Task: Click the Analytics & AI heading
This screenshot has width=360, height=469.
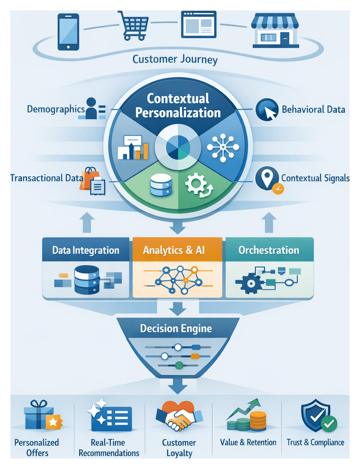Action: [x=178, y=250]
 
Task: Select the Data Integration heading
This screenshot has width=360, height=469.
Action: [x=85, y=250]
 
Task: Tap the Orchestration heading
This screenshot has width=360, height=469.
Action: [x=269, y=250]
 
